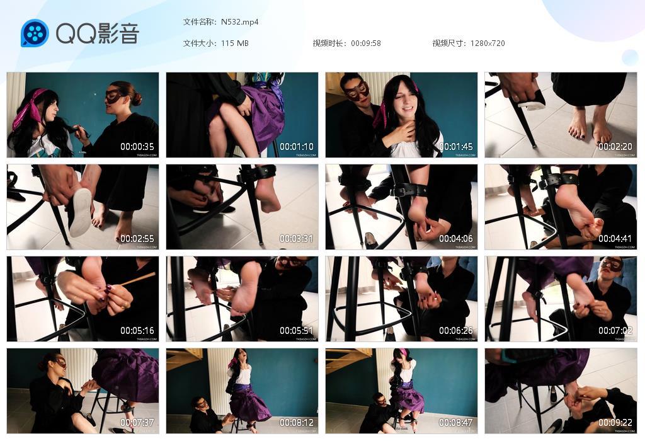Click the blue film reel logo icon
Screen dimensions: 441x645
(x=35, y=33)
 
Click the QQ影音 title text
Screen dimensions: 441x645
(x=98, y=33)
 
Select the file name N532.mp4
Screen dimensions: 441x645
(x=240, y=22)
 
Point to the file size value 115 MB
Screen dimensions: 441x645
(x=235, y=43)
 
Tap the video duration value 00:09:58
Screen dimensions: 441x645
(x=366, y=43)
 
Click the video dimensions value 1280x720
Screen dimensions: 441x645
(x=488, y=43)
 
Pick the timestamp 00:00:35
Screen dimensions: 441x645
(x=137, y=147)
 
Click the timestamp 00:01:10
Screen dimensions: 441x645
(x=297, y=147)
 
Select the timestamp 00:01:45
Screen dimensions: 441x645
(x=456, y=147)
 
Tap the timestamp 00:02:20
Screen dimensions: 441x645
(x=615, y=147)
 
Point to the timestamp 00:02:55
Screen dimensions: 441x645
(x=137, y=239)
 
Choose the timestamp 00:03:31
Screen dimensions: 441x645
(x=297, y=239)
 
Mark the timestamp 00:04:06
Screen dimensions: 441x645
(x=456, y=239)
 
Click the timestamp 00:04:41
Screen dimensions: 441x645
(x=615, y=239)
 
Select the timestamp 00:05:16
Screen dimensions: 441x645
(x=137, y=331)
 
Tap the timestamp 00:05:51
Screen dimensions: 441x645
(x=297, y=331)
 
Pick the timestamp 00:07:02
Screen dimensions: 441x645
(x=615, y=331)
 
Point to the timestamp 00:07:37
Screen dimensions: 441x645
(x=137, y=423)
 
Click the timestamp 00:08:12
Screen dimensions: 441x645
(x=297, y=423)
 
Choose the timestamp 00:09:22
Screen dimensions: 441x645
(x=615, y=423)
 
